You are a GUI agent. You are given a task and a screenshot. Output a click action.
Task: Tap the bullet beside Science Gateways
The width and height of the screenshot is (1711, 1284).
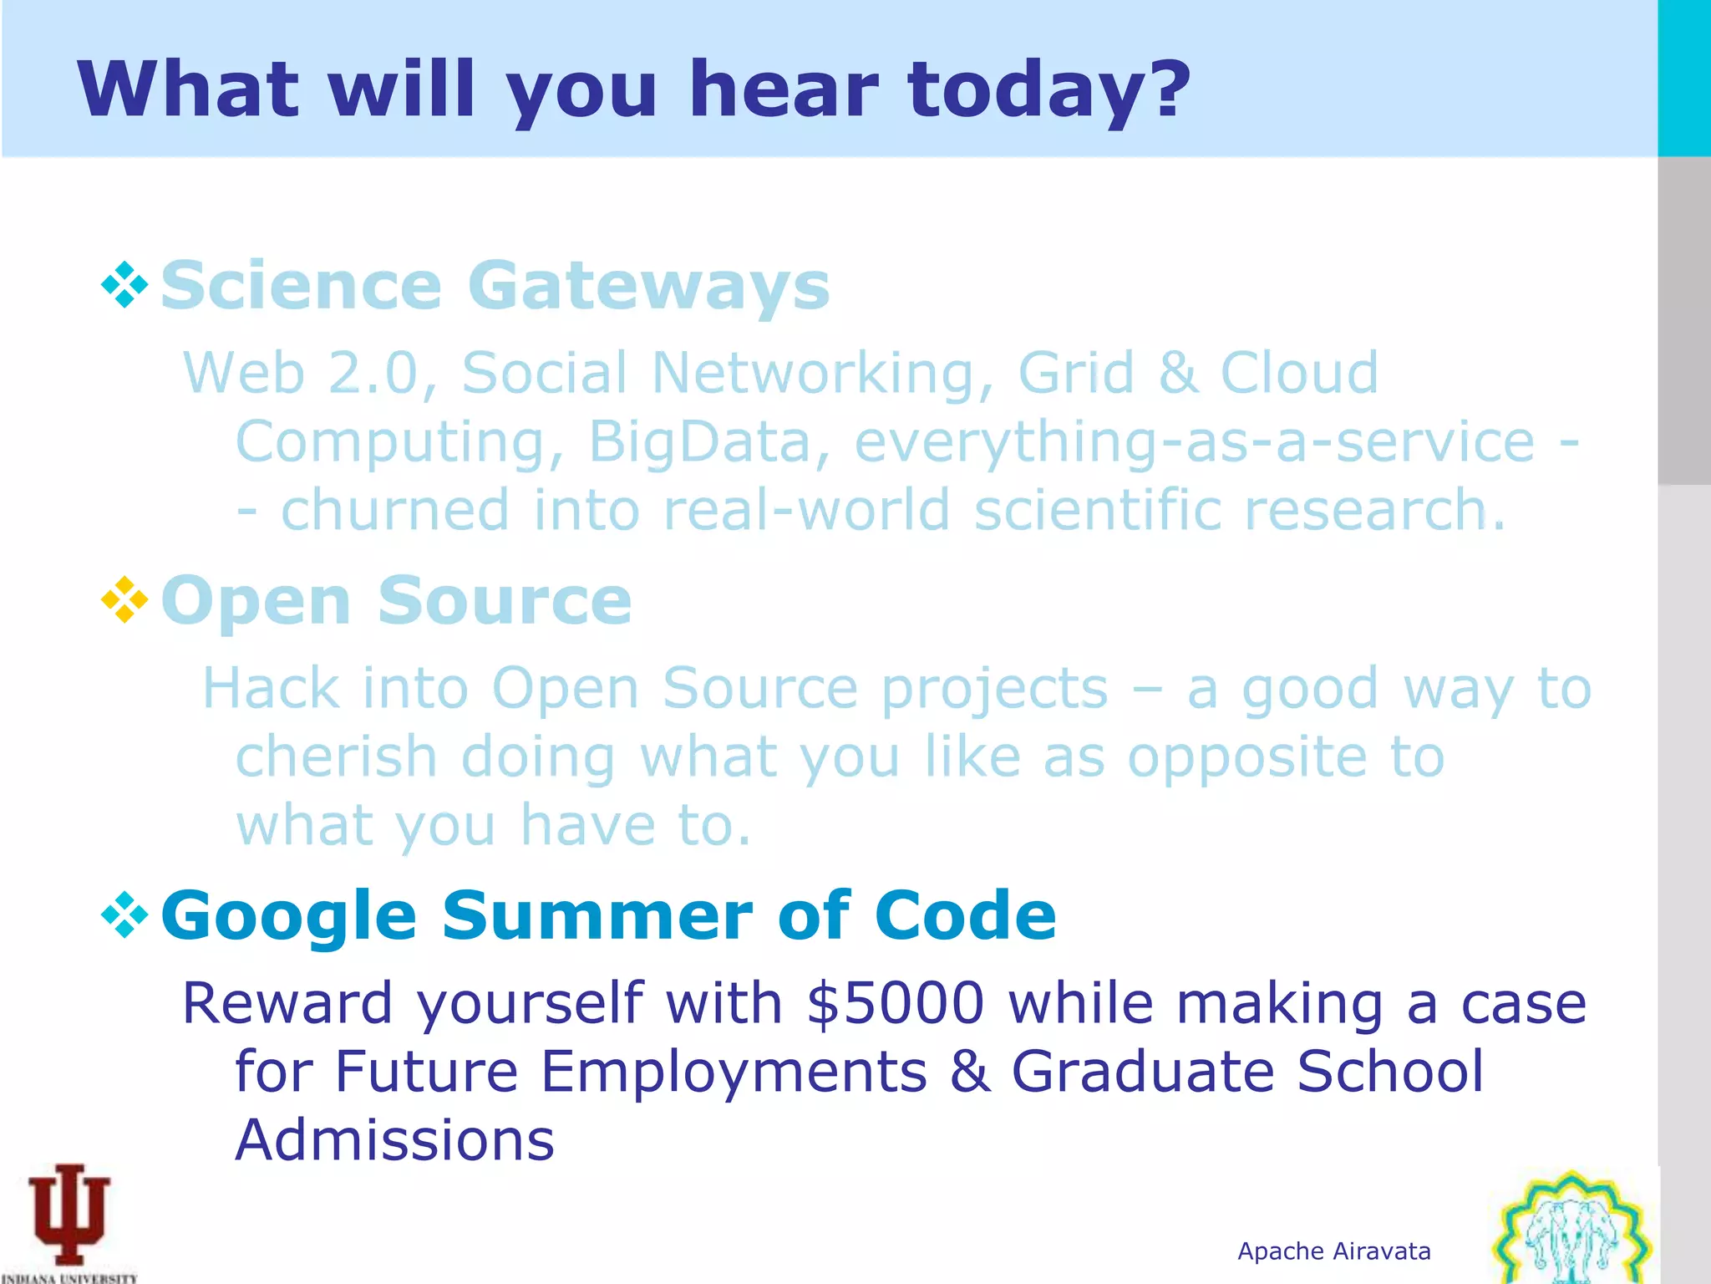[124, 285]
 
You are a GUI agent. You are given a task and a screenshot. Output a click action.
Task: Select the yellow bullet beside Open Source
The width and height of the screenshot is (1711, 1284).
[124, 599]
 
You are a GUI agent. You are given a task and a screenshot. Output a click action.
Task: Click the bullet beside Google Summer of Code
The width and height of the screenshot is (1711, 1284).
[124, 915]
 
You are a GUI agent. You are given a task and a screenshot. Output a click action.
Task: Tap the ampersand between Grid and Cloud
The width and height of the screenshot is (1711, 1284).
[1177, 373]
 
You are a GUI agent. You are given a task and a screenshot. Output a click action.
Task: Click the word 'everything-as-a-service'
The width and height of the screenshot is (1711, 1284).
[1194, 441]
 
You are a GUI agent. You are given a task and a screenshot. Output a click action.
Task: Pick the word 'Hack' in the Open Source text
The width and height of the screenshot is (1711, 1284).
[271, 688]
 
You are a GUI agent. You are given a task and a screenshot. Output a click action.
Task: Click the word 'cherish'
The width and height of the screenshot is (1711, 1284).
[336, 757]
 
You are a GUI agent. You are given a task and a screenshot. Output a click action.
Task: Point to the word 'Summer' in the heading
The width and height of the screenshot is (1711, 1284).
[597, 915]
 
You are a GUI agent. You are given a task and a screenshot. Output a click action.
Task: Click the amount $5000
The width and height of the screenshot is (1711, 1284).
[896, 1002]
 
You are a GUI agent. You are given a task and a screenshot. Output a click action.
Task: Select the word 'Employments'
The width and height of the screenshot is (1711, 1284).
[734, 1072]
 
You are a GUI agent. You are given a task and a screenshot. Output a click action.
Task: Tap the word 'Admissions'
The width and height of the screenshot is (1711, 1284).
[394, 1140]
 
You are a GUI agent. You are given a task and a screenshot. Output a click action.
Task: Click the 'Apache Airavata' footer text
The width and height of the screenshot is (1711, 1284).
[1333, 1251]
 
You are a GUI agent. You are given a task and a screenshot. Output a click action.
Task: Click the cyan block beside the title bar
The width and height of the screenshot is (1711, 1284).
[1683, 78]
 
